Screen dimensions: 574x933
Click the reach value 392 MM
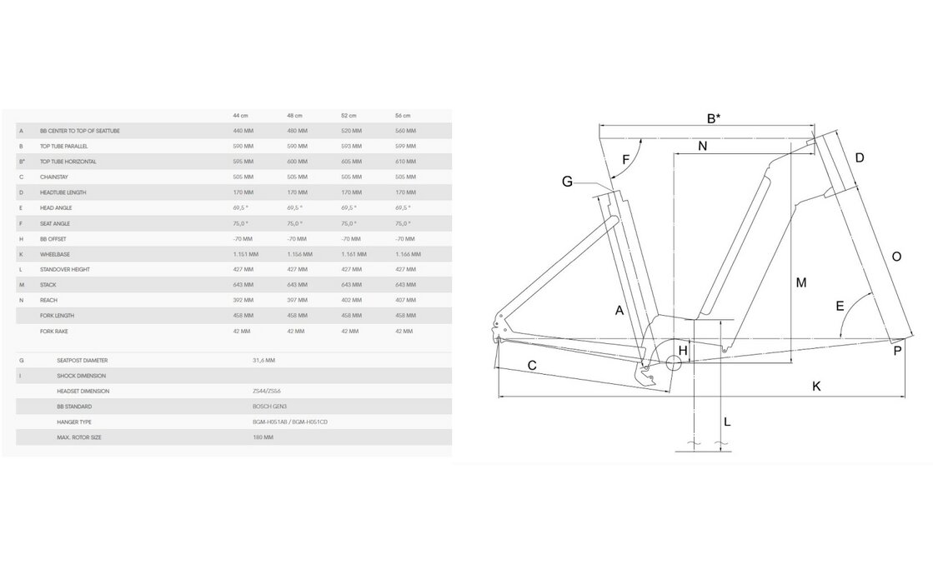[243, 301]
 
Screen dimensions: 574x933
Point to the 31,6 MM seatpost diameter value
[263, 360]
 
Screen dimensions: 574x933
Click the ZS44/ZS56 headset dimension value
[267, 391]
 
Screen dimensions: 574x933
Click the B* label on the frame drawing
[714, 118]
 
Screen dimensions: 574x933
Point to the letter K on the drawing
[816, 386]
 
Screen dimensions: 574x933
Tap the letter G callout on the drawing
[567, 182]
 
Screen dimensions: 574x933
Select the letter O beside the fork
[896, 257]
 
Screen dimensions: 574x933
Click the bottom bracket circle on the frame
[676, 361]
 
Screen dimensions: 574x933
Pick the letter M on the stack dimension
[800, 283]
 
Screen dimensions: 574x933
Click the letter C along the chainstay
[532, 365]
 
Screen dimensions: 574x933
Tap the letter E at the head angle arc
[840, 306]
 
